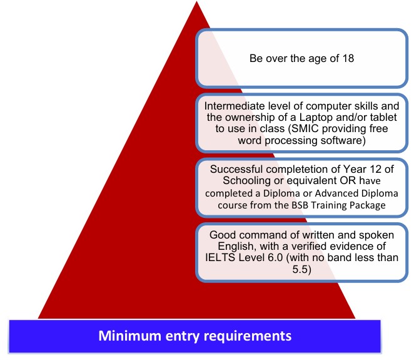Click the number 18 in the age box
pos(346,60)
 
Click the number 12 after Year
pos(365,169)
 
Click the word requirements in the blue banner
pos(250,336)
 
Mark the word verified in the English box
pos(305,245)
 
